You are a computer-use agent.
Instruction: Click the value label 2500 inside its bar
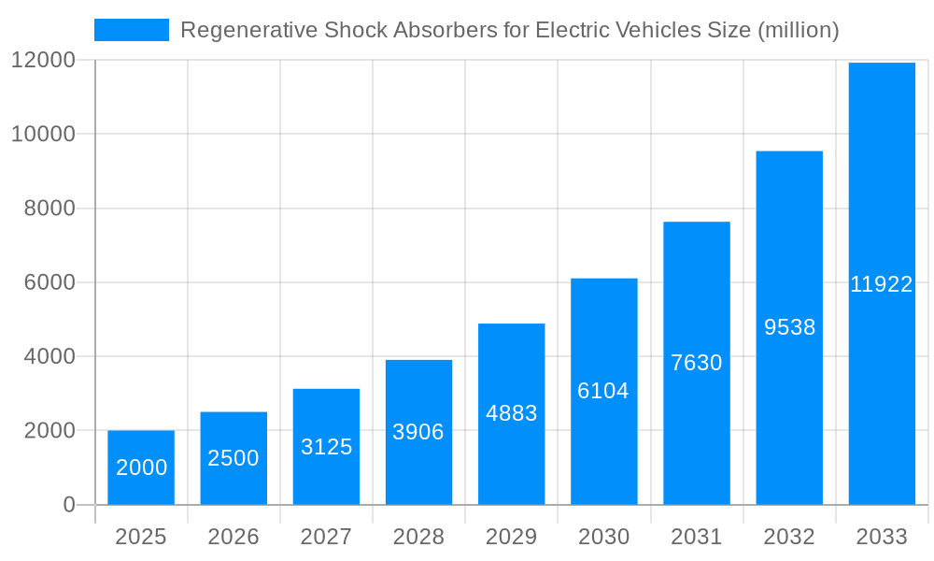pos(233,458)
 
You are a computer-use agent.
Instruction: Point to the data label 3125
pos(326,447)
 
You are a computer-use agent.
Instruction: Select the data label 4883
pos(512,413)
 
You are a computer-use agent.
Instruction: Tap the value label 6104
pos(603,391)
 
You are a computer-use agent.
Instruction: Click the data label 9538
pos(789,327)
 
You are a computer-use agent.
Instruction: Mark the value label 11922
pos(882,285)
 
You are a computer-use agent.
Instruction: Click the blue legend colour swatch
pos(132,30)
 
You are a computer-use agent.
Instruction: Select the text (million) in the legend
pos(798,30)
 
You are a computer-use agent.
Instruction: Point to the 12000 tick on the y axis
pos(43,60)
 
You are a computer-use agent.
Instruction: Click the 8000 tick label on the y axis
pos(49,209)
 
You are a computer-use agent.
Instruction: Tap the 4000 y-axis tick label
pos(49,356)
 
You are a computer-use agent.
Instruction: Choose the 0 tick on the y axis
pos(68,505)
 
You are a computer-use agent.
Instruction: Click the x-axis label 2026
pos(233,537)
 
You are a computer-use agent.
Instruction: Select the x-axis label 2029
pos(512,537)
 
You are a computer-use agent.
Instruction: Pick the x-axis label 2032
pos(789,537)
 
